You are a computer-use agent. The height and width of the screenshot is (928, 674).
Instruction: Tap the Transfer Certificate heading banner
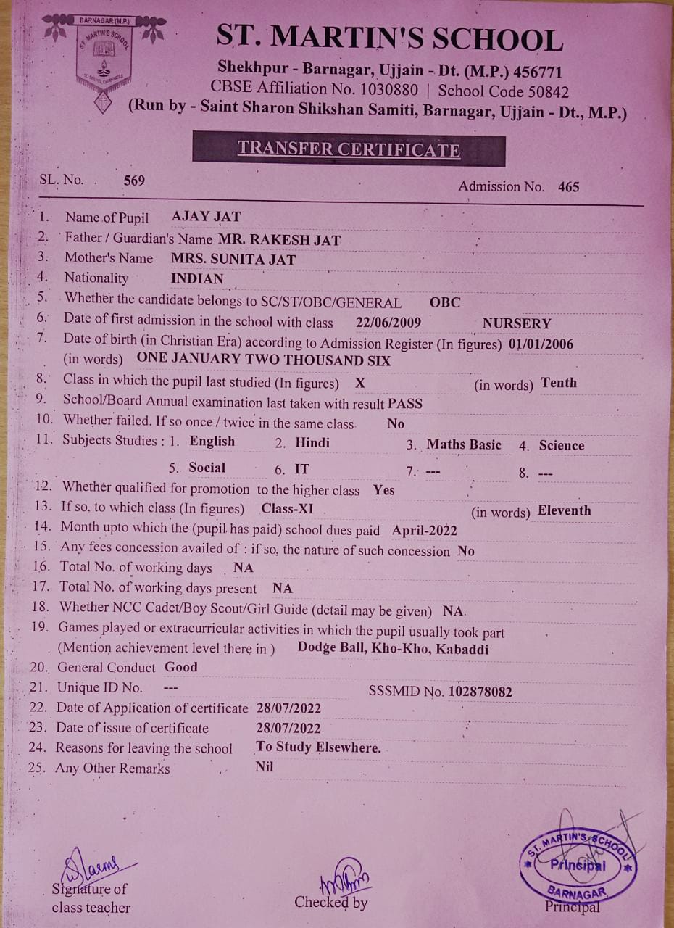pos(349,149)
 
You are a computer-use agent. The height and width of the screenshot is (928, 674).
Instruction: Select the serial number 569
pos(134,181)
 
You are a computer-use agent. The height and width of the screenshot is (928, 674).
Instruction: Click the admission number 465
pos(569,187)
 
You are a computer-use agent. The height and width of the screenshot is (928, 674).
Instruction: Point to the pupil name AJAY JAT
pos(206,216)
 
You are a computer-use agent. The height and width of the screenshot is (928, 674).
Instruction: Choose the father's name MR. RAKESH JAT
pos(279,239)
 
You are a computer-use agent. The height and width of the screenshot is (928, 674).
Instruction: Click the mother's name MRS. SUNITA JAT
pos(233,259)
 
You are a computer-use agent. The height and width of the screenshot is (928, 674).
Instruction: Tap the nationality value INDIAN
pos(197,278)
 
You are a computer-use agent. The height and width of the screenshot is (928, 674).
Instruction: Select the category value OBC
pos(444,302)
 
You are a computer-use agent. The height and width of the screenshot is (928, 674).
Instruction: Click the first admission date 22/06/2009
pos(389,323)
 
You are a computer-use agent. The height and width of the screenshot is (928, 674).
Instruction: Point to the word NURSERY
pos(517,323)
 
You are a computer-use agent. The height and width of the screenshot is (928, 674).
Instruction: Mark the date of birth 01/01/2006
pos(541,344)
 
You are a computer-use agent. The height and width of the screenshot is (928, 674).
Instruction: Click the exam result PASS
pos(405,404)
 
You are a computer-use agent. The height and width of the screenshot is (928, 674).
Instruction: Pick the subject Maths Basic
pos(464,444)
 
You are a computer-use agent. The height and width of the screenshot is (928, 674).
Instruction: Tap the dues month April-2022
pos(425,530)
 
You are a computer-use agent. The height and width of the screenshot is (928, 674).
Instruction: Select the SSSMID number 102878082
pos(480,692)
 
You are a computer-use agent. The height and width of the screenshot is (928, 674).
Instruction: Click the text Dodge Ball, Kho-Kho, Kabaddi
pos(393,648)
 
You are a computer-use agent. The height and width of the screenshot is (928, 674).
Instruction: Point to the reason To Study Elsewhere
pos(319,747)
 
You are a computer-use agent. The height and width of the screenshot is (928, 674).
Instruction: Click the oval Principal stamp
pos(578,864)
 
